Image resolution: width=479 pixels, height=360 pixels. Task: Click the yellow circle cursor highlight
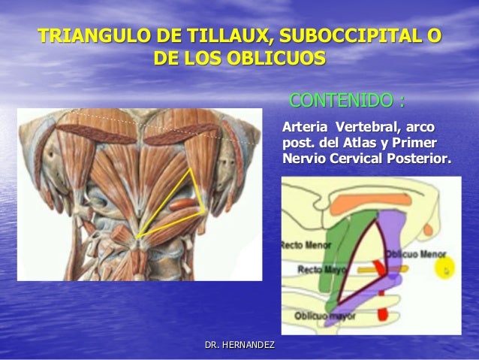pyautogui.click(x=449, y=268)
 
